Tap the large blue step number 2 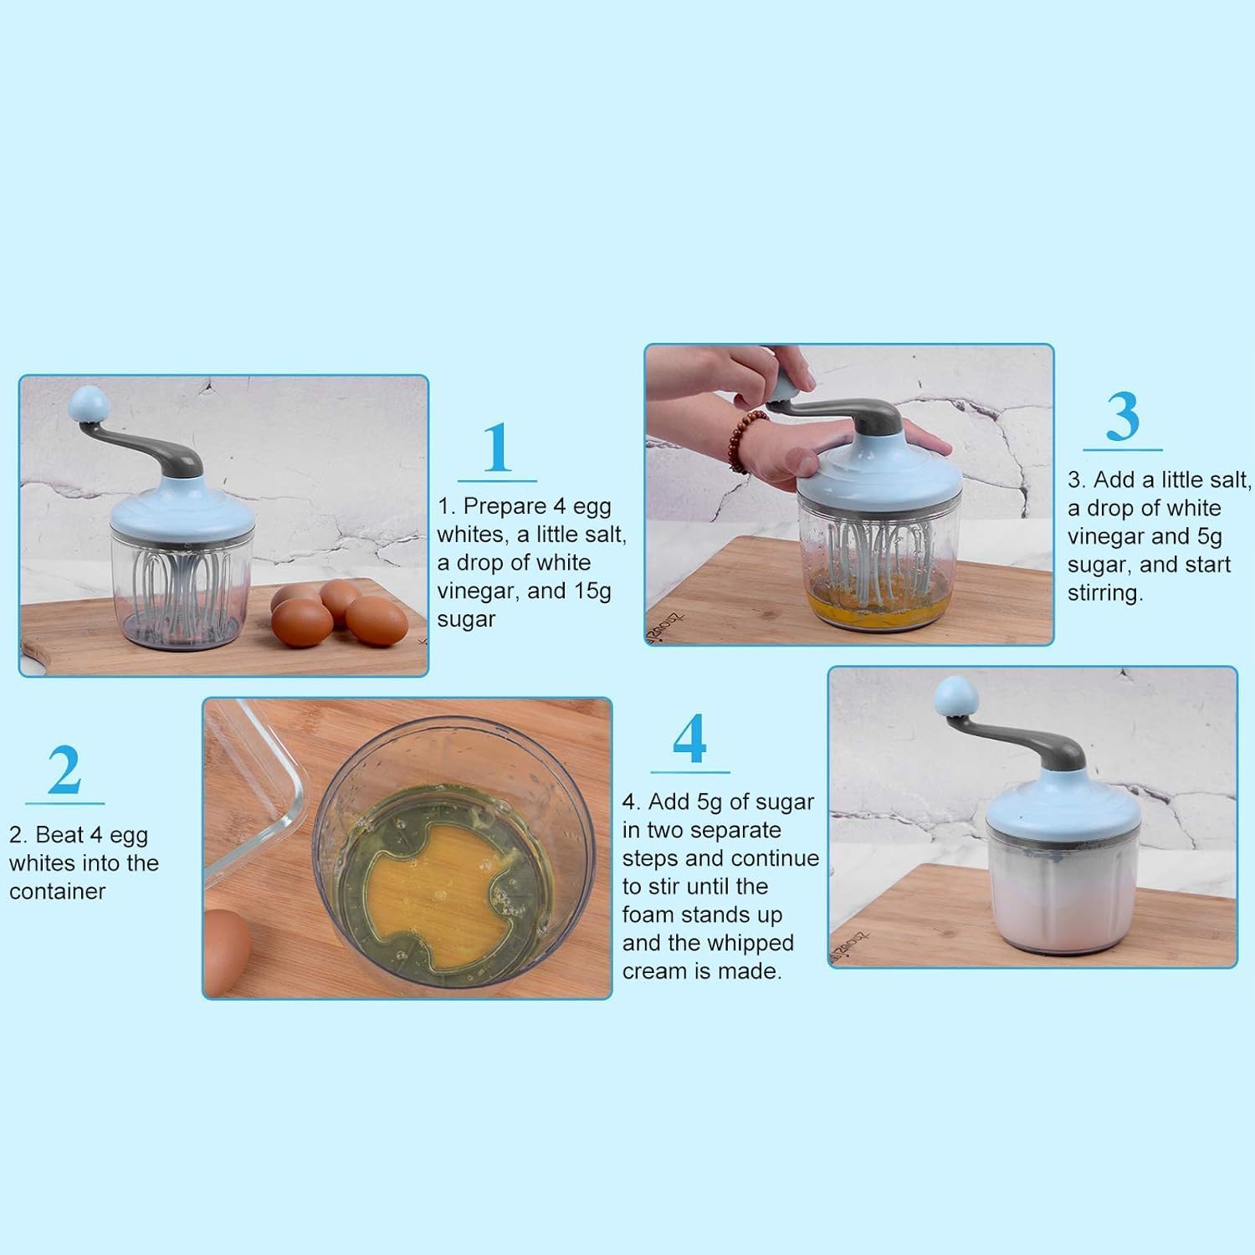tap(64, 770)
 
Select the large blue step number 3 tap(1122, 417)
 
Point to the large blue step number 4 tap(690, 739)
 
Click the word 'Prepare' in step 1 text tap(505, 506)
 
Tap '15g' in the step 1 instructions tap(592, 591)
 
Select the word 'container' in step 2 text tap(58, 891)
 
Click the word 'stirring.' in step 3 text tap(1105, 593)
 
